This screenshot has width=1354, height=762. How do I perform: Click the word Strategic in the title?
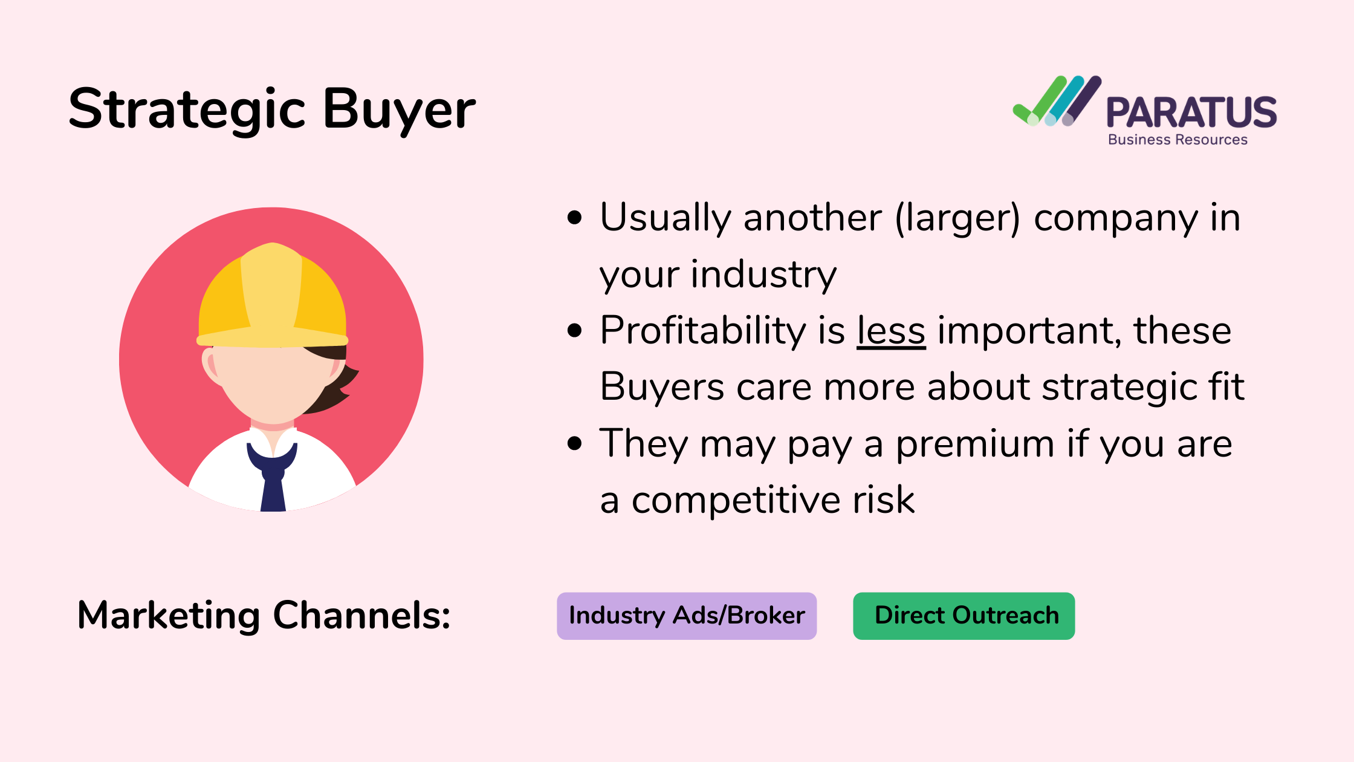187,109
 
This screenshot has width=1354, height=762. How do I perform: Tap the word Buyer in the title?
400,109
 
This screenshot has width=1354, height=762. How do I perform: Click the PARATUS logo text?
1191,112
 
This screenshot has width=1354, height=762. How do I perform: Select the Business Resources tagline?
1177,140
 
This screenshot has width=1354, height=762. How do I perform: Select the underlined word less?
891,331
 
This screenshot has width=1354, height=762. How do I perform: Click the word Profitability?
703,331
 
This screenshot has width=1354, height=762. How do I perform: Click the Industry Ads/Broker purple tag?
687,616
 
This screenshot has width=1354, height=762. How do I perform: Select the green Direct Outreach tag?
964,616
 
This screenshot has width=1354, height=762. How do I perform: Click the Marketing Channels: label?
264,616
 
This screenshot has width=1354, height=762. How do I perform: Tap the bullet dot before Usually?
575,218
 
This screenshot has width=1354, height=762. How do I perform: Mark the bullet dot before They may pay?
575,444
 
